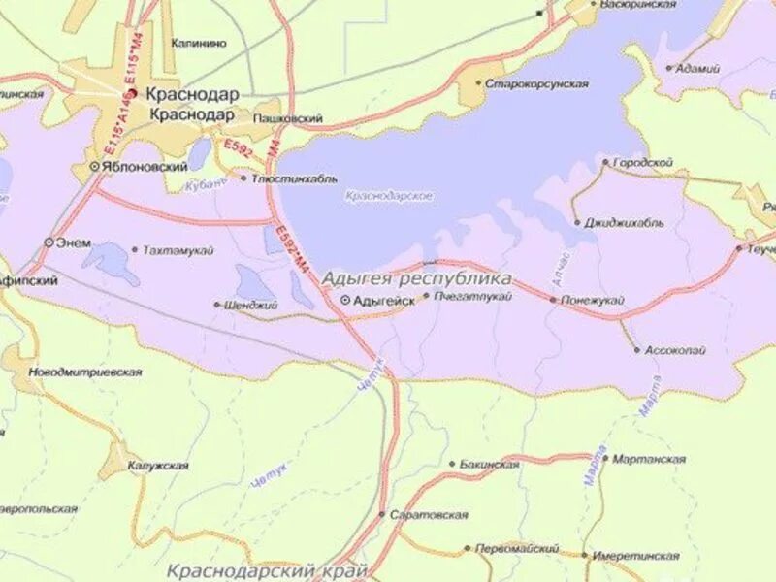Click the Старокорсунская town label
click(537, 84)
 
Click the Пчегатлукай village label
click(472, 296)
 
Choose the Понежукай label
click(593, 301)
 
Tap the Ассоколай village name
click(676, 349)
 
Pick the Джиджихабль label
click(625, 222)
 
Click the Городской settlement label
click(642, 163)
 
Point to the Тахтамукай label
click(178, 250)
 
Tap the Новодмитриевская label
click(85, 372)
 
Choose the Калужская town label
click(158, 467)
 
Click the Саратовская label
click(429, 515)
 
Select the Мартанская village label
click(649, 459)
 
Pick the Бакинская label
click(490, 465)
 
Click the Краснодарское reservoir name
click(389, 196)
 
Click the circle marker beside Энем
click(48, 242)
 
